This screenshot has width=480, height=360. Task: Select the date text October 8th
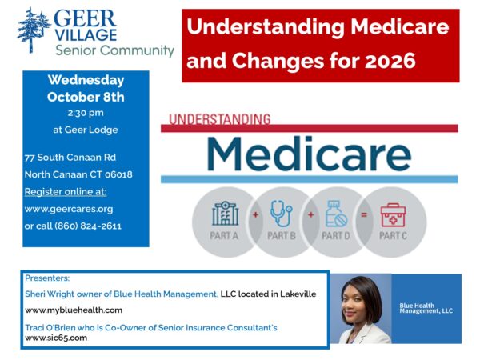tap(86, 97)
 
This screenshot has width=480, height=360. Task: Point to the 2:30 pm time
tap(86, 113)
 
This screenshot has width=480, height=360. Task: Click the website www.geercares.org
tap(69, 209)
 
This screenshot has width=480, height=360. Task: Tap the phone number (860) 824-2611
tap(88, 226)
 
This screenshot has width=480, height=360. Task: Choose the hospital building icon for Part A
tap(226, 214)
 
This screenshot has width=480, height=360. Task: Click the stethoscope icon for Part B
tap(281, 214)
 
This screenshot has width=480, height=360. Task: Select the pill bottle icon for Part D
tap(336, 214)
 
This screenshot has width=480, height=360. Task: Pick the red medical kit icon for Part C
tap(393, 215)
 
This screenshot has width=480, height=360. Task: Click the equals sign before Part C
tap(364, 215)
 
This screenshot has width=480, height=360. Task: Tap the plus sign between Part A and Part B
tap(256, 215)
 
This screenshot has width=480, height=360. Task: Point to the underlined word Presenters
tap(47, 278)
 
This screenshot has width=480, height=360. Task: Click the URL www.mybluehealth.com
tap(74, 310)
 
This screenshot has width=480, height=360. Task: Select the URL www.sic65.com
tap(56, 338)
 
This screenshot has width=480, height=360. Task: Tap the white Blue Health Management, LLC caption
tap(426, 308)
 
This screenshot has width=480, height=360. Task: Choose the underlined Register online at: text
tap(66, 192)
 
